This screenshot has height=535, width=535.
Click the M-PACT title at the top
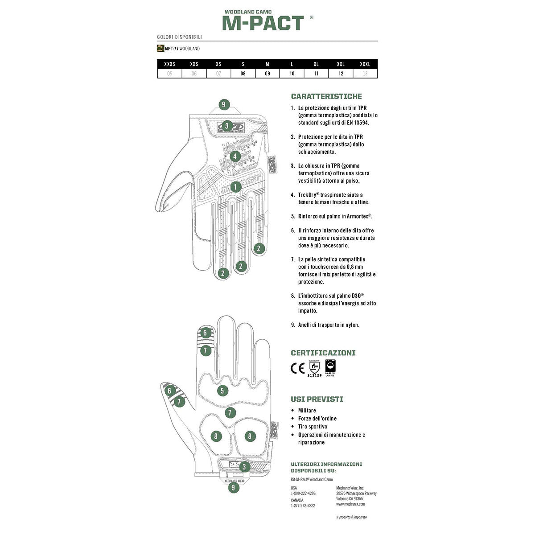pos(263,23)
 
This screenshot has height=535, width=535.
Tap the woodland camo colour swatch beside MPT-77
pos(160,49)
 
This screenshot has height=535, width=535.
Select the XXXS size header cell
pos(170,64)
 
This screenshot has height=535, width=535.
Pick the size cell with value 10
pos(292,74)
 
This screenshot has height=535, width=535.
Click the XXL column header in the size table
pos(341,64)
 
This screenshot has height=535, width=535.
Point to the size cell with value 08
pos(243,74)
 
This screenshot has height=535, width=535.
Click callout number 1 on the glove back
pos(235,187)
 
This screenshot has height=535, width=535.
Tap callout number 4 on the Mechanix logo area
pos(235,156)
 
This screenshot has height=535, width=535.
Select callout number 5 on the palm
pos(222,391)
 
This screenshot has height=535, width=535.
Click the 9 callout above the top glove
pos(224,105)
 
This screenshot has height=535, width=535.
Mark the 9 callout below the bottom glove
pos(233,487)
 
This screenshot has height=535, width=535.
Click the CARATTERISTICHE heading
pos(326,96)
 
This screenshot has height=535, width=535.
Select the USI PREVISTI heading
pos(317,399)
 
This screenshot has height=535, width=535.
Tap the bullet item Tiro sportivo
pos(313,427)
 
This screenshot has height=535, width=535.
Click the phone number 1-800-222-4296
pos(303,494)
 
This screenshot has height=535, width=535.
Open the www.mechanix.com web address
pos(350,504)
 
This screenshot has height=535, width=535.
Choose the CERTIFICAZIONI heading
pos(323,353)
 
